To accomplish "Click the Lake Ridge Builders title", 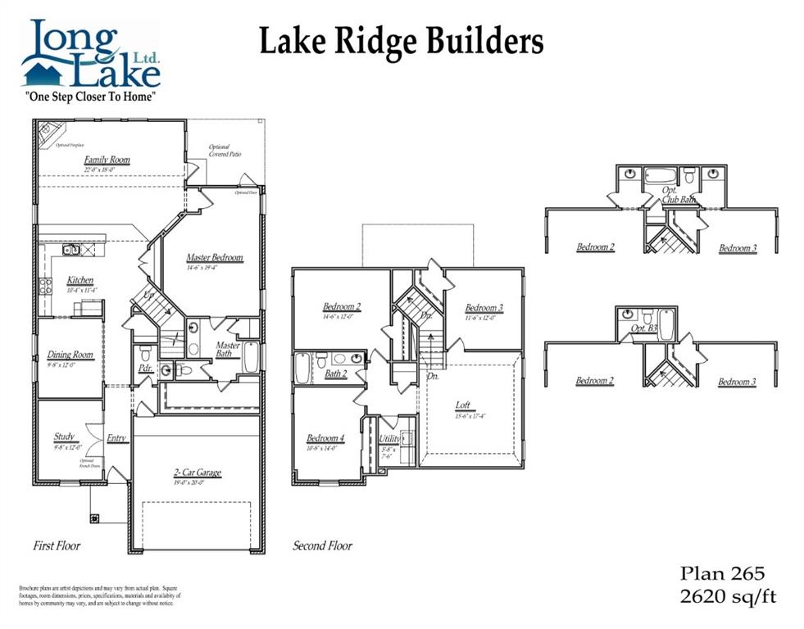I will [401, 41].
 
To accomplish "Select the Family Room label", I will [107, 161].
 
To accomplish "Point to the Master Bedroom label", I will [214, 258].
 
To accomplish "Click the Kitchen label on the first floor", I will [80, 281].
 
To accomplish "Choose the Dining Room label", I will [70, 355].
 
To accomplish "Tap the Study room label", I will [65, 437].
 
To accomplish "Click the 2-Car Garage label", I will [197, 473].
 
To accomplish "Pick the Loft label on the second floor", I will [464, 405].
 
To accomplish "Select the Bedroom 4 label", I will [325, 438].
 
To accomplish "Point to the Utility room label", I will [390, 439].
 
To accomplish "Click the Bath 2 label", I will [336, 374].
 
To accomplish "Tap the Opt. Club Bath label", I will [679, 194].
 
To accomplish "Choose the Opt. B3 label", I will [643, 328].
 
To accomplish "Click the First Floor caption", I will [57, 545].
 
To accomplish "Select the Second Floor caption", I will [322, 545].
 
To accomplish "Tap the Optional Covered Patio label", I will [219, 151].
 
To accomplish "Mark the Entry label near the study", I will [116, 438].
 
